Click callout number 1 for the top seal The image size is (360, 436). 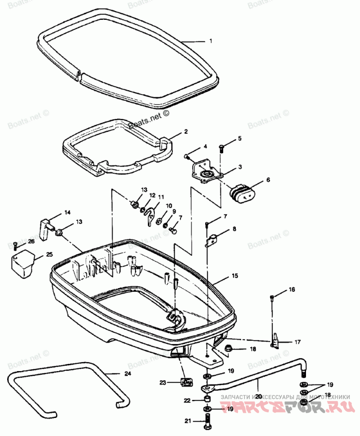point(210,41)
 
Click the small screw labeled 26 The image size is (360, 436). point(15,245)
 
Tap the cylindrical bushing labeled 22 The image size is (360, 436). point(207,400)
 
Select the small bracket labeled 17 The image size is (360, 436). point(275,341)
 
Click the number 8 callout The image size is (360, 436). point(234,229)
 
